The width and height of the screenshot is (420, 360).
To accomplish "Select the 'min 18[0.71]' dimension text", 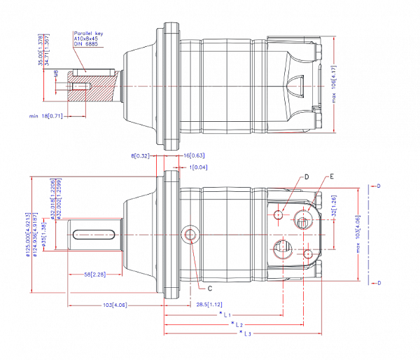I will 45,116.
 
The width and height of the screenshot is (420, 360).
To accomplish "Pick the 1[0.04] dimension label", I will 199,168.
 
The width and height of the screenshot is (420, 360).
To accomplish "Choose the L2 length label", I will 238,325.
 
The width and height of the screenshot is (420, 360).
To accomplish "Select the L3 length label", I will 245,334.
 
